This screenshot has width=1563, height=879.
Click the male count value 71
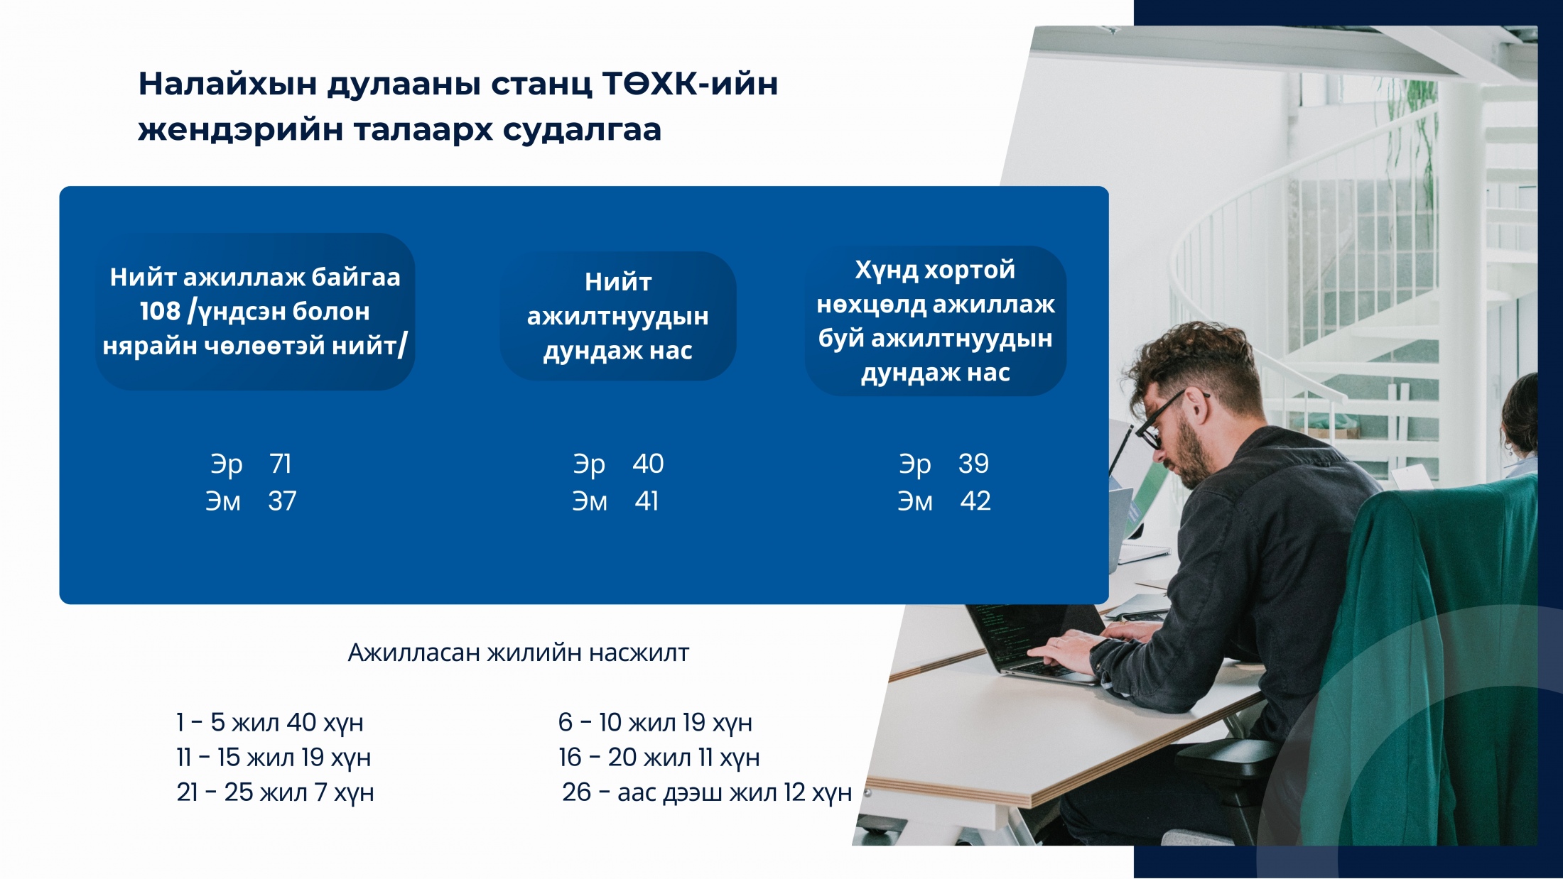click(281, 464)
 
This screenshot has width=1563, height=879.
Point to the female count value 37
click(282, 501)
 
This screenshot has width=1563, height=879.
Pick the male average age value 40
click(648, 464)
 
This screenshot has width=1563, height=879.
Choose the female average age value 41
click(647, 501)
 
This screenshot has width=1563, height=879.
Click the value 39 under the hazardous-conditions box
click(973, 464)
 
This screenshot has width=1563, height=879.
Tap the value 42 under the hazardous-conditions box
click(975, 501)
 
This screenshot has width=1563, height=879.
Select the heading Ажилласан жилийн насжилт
click(519, 653)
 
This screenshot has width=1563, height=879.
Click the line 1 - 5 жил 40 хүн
click(270, 723)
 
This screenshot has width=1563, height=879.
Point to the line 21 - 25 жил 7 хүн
click(276, 792)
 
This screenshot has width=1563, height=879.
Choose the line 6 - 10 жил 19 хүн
click(655, 723)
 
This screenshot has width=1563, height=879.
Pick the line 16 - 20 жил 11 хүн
click(659, 758)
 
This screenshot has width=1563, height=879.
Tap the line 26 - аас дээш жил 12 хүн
click(707, 792)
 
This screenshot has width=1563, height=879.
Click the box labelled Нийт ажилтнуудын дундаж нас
click(618, 316)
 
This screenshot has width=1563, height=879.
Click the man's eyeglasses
click(1165, 419)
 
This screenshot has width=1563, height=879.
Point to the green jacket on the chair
click(1428, 660)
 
